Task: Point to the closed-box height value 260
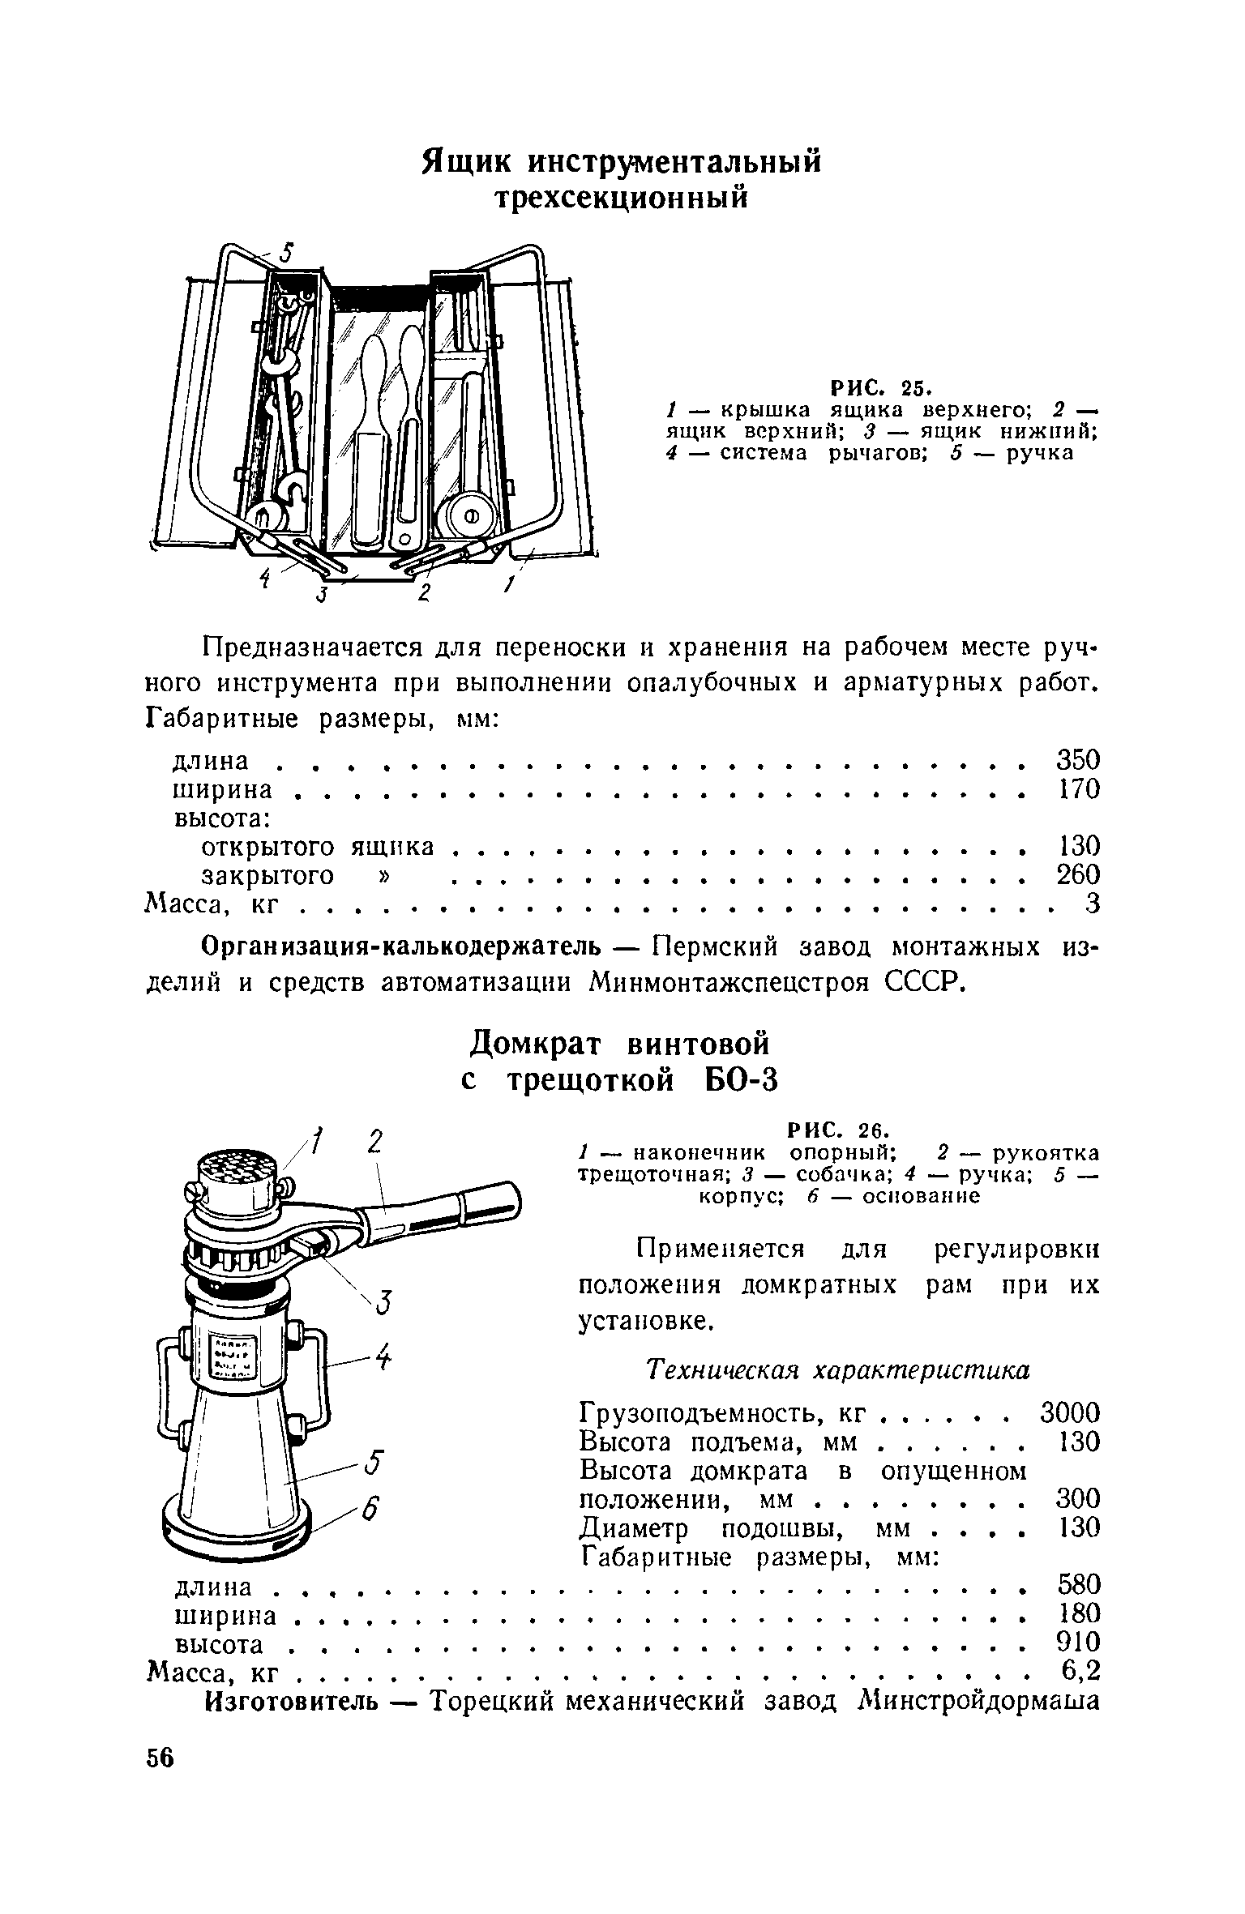1079,874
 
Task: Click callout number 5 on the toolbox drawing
285,254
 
